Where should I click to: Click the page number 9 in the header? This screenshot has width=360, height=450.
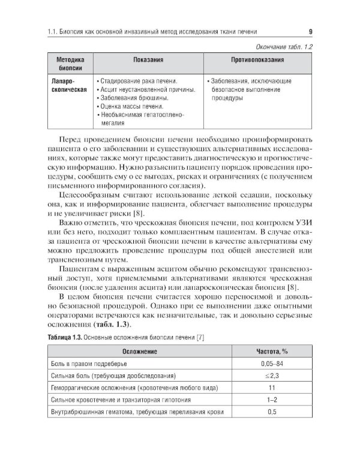(309, 32)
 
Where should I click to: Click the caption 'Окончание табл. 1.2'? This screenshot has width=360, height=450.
(280, 46)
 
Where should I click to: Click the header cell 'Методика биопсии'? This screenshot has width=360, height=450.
(70, 64)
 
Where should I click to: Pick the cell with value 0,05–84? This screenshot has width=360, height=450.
(272, 364)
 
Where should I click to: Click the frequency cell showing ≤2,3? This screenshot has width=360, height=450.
(272, 376)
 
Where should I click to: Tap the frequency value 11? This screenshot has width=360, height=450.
(272, 388)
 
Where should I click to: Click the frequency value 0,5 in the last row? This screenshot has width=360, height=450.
(272, 412)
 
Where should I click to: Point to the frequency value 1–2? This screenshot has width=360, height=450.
(272, 400)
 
